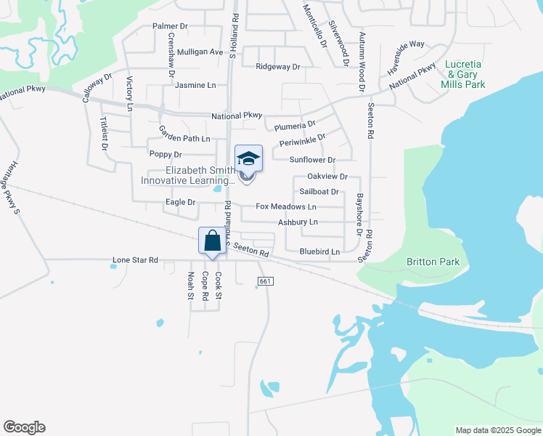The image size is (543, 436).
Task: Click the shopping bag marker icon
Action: click(x=212, y=241)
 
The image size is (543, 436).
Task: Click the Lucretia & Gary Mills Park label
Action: click(x=463, y=74)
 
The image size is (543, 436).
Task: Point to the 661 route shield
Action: click(x=265, y=281)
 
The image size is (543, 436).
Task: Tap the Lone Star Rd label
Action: click(x=135, y=259)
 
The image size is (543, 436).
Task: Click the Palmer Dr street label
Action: click(x=170, y=26)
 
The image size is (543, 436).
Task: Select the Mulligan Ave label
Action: click(x=200, y=52)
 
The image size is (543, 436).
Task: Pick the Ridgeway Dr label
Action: click(x=277, y=67)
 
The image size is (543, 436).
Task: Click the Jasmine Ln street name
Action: click(x=196, y=85)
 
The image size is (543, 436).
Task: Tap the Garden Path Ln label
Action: click(x=184, y=133)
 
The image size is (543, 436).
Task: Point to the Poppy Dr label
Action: click(x=166, y=155)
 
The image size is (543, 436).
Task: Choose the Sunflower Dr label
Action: click(x=312, y=160)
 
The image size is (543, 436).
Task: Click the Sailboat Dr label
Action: click(x=319, y=192)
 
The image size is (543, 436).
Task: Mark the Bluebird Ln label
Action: click(x=319, y=252)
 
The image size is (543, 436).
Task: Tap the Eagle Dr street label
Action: click(x=181, y=202)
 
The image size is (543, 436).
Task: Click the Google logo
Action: click(x=24, y=427)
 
